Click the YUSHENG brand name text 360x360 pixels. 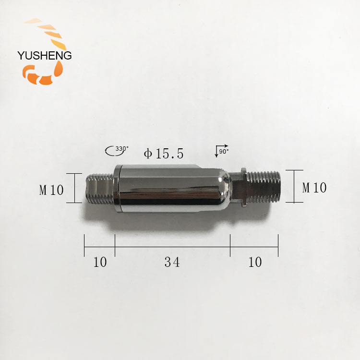(x=45, y=56)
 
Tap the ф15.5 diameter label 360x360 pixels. (x=164, y=154)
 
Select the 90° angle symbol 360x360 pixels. (x=222, y=151)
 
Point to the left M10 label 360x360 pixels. (x=51, y=190)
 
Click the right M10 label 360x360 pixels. (x=314, y=188)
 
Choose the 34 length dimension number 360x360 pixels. (x=172, y=262)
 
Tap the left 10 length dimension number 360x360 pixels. (x=100, y=262)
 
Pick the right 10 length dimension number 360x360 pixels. (x=255, y=262)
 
